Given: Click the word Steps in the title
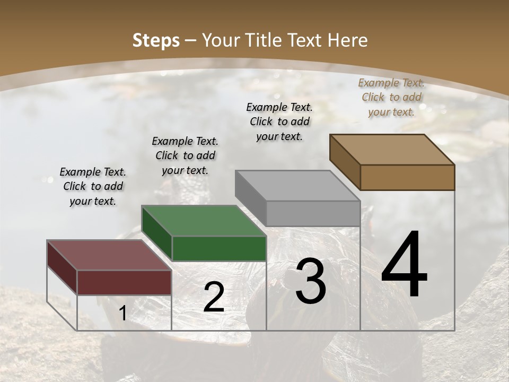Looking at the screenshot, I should point(156,40).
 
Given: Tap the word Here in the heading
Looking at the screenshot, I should point(347,40).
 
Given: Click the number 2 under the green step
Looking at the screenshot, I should point(214,297).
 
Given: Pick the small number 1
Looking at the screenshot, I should point(123,314).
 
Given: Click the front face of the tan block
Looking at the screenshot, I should point(407,177).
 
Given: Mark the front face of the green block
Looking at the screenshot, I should point(219,248).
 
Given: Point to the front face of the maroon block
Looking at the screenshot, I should point(125,282).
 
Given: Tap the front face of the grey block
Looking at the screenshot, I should point(313,213).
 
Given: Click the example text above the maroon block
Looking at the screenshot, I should point(93,186).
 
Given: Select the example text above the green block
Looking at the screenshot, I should point(185,155).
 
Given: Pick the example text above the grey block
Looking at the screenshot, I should point(279,121).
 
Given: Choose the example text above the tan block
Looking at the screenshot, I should point(391,97).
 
